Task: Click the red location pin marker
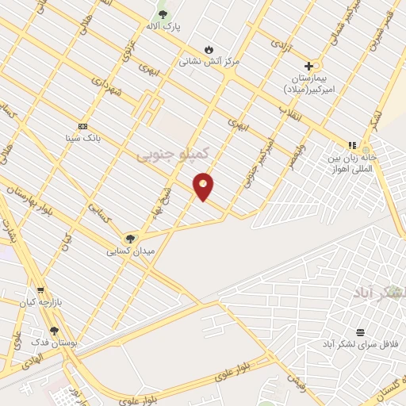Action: [x=204, y=186]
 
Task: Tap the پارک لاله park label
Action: [x=163, y=26]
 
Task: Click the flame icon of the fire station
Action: [x=209, y=48]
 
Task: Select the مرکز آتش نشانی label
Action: [x=209, y=60]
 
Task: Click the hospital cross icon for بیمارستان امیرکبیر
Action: [x=308, y=66]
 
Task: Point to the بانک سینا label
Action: [x=83, y=137]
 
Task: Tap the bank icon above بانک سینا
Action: [x=82, y=126]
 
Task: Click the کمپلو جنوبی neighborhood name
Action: [x=173, y=152]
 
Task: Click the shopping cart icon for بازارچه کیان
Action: [x=40, y=291]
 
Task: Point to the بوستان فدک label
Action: [x=52, y=342]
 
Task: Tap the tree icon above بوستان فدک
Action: [x=54, y=331]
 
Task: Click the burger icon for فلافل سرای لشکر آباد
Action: [x=361, y=332]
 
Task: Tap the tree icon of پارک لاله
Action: [x=163, y=14]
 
